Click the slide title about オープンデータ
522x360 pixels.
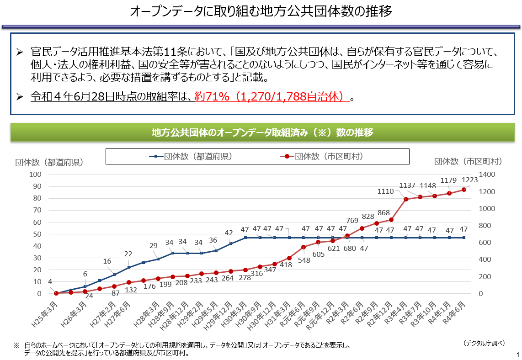(x=261, y=11)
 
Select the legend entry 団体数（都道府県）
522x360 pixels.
(x=192, y=156)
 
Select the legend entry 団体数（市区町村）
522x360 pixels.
(x=323, y=156)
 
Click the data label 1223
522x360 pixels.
(x=469, y=180)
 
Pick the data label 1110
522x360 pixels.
(x=386, y=191)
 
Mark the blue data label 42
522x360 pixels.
(x=229, y=233)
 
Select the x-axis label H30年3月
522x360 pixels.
(x=234, y=312)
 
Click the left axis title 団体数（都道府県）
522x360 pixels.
(x=49, y=162)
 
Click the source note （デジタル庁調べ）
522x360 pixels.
(x=485, y=343)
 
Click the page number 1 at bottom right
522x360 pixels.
(x=517, y=355)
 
